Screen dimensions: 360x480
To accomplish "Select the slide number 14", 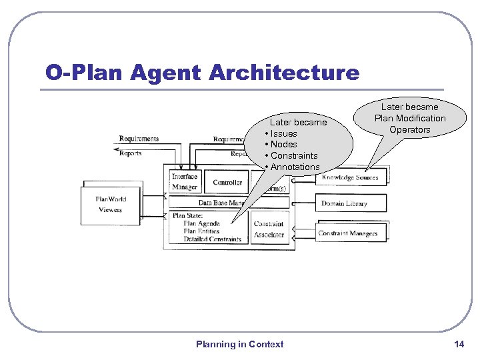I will pos(459,344).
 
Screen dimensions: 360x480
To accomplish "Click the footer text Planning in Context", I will pos(239,344).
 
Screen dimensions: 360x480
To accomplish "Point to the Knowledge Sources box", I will pos(350,177).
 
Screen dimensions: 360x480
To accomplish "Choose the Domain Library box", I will pos(344,203).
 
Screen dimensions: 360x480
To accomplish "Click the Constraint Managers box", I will pos(348,233).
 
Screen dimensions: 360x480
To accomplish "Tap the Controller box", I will pos(227,182).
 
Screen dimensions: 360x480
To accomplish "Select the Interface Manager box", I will pos(185,182).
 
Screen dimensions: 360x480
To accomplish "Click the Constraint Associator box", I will pos(269,229).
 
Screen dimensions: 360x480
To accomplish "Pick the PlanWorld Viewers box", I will pos(111,204).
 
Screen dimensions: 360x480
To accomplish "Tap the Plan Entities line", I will pos(201,231).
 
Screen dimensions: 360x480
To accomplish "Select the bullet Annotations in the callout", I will pos(295,167).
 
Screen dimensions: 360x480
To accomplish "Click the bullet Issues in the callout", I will pos(284,133).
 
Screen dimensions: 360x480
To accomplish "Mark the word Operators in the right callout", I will pos(410,129).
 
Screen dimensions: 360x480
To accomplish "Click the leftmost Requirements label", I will pos(139,139).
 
